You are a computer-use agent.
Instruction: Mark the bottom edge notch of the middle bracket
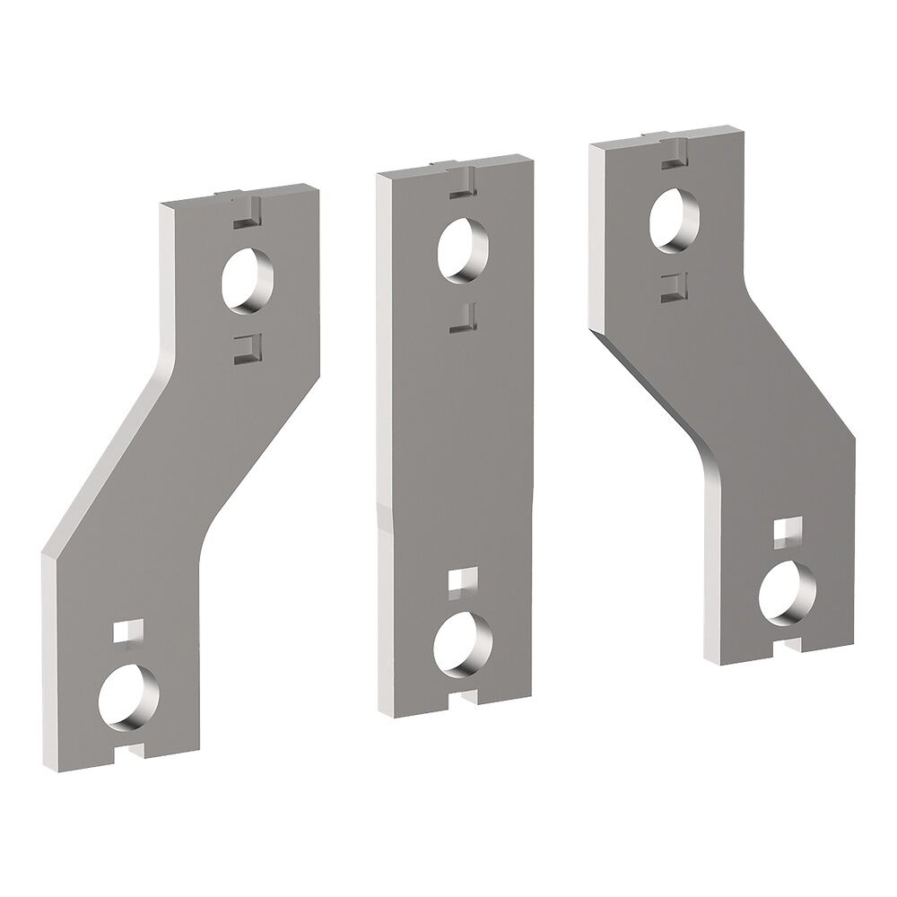[462, 698]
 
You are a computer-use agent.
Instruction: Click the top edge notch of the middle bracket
[458, 167]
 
